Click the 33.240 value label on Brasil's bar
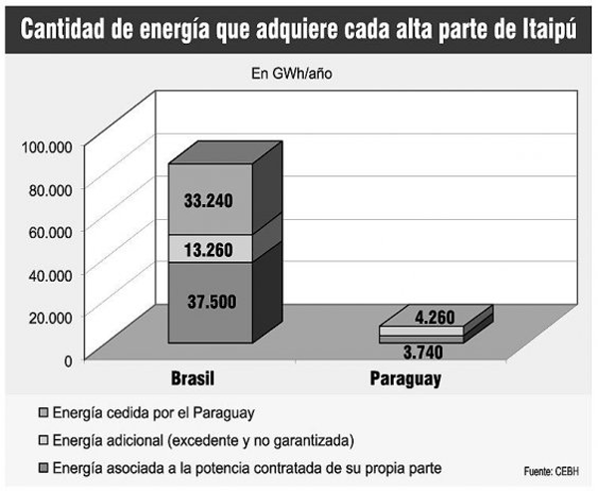tap(209, 200)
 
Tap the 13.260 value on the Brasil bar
tap(209, 249)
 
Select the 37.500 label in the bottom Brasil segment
tap(209, 302)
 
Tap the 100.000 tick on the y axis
tap(46, 146)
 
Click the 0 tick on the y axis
tap(68, 359)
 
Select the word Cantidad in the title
tap(66, 28)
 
